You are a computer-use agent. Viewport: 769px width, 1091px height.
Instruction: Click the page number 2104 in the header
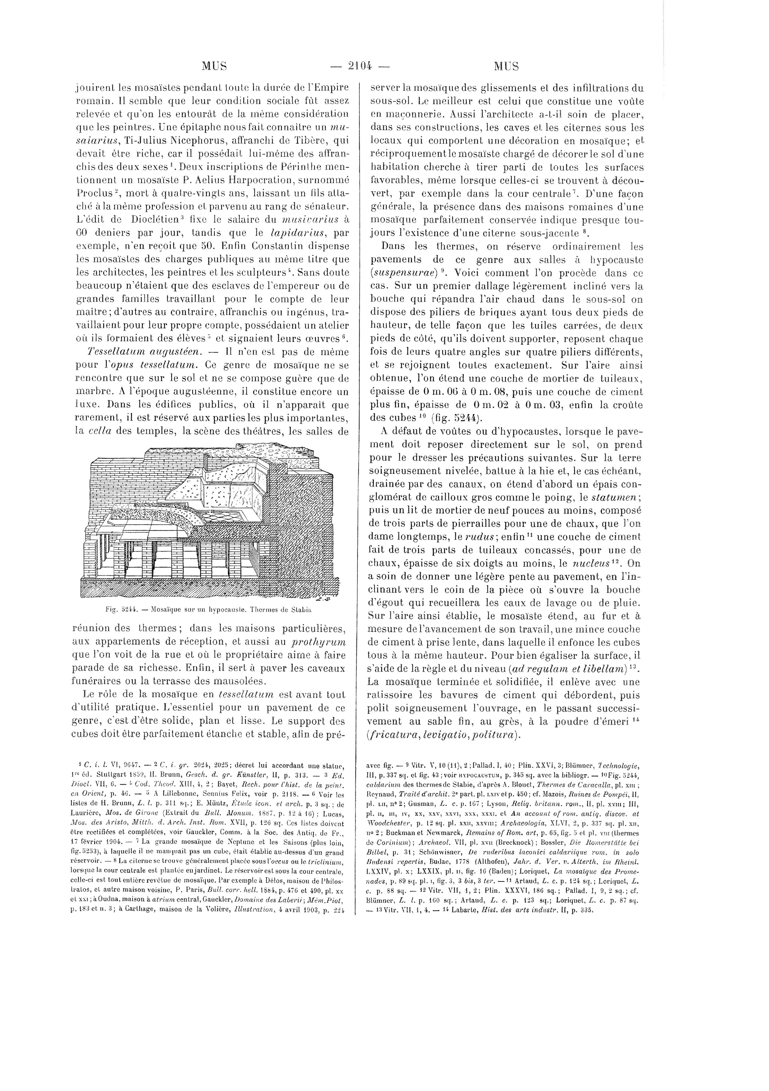click(360, 66)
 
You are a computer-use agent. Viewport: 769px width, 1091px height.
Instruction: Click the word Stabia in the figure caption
click(306, 608)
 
